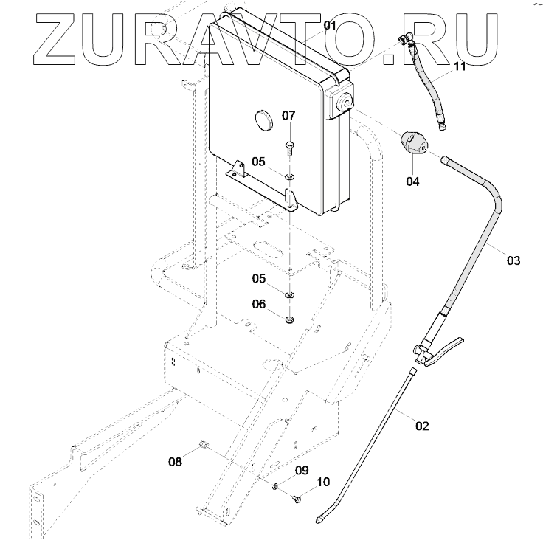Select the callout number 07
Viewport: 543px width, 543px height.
(288, 116)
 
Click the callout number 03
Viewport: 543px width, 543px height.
(513, 260)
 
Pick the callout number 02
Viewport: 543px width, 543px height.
(422, 426)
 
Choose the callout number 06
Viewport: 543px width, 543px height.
(259, 303)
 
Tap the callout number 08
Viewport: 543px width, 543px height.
(175, 463)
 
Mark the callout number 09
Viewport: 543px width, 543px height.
(302, 470)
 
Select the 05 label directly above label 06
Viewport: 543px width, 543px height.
(259, 278)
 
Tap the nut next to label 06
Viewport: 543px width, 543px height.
(288, 319)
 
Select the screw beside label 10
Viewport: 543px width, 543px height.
(297, 499)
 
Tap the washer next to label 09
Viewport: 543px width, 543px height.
(274, 485)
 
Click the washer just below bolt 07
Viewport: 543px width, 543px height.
(288, 176)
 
